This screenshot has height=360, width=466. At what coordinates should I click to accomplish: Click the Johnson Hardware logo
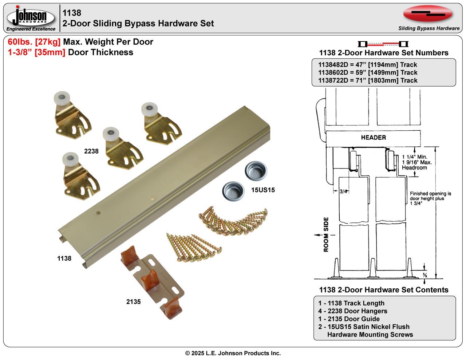pos(31,18)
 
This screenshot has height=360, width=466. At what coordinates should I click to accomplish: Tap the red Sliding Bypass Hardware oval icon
pos(428,14)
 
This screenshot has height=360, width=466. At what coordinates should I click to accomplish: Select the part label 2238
pos(91,151)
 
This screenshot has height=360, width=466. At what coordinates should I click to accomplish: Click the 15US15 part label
pos(263,190)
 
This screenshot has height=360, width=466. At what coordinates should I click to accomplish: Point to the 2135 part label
pos(133,302)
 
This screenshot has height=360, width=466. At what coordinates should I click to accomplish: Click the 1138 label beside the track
pos(64,258)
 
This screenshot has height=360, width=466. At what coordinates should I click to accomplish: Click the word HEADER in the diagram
pos(373,137)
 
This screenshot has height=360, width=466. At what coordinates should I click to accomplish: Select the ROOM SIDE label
pos(326,235)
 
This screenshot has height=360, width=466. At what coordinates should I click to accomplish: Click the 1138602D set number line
pos(368,72)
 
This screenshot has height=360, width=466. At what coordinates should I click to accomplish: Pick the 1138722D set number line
pos(368,80)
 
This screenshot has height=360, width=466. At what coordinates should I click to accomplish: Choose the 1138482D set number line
pos(368,64)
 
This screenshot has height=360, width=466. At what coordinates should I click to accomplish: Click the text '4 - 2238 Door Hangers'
pos(352,311)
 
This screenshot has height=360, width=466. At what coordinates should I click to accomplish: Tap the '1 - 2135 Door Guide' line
pos(349,319)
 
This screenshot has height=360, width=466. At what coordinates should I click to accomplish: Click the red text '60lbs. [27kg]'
pos(34,42)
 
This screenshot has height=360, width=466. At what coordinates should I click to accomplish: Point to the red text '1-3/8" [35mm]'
pos(36,52)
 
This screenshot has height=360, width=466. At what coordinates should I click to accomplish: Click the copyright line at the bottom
pos(233,353)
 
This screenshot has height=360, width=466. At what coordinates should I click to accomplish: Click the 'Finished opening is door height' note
pos(430,198)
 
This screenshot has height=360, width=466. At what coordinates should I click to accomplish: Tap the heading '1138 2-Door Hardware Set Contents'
pos(383,290)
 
